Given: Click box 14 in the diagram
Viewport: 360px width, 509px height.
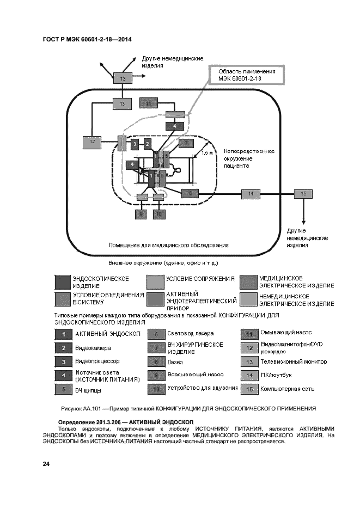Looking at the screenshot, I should tap(251, 194).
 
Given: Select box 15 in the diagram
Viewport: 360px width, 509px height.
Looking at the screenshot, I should tap(303, 194).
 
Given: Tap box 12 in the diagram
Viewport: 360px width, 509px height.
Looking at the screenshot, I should tap(93, 142).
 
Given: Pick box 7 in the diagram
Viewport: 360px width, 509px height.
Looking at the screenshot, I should tap(186, 144).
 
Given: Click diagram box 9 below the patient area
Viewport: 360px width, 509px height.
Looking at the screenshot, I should tap(142, 214).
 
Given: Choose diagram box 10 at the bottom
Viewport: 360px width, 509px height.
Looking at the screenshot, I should tap(158, 214).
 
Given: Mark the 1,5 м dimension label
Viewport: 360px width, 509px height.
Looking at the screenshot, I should tap(207, 153).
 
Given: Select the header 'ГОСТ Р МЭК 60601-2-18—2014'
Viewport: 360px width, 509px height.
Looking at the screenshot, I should tap(88, 40).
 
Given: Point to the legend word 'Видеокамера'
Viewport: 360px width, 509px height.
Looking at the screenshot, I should tap(93, 348).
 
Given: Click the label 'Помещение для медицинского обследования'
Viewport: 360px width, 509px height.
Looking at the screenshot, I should tap(168, 244).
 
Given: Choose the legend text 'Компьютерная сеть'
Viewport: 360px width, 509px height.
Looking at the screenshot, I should tap(287, 389).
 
